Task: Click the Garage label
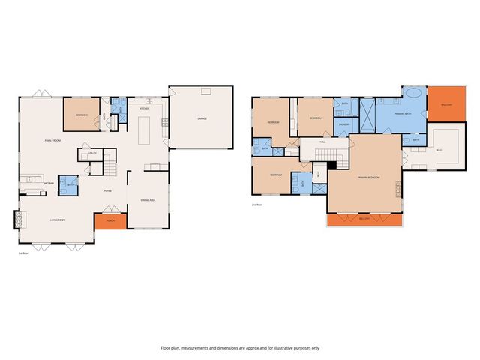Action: [x=202, y=118]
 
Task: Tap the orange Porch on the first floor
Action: [x=110, y=222]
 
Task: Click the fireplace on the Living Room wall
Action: [x=17, y=220]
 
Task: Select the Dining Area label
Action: [x=148, y=200]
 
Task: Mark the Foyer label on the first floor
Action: [x=108, y=190]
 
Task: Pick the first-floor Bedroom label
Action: [x=81, y=115]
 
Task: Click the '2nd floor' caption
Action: [x=256, y=204]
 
